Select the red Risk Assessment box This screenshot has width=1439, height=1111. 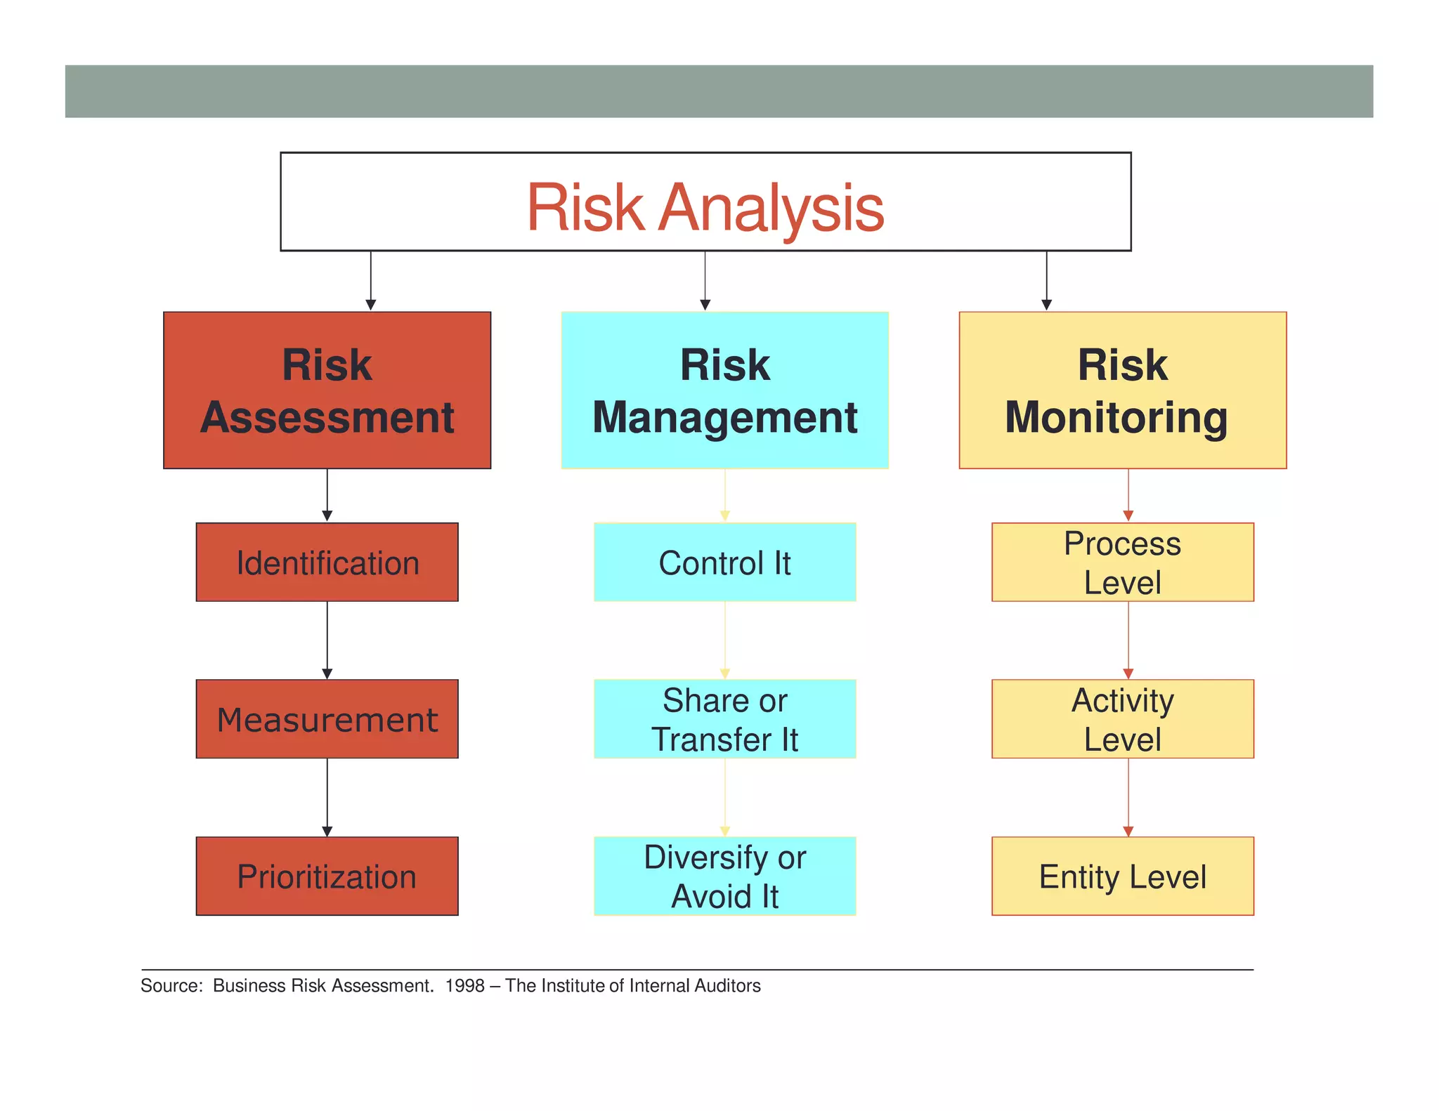(x=327, y=390)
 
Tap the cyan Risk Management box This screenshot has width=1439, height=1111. (x=724, y=390)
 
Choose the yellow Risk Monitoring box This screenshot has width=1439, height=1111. (x=1122, y=390)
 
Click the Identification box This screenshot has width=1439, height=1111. (x=327, y=563)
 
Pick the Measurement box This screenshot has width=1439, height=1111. (x=327, y=719)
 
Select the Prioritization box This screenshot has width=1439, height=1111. (x=327, y=876)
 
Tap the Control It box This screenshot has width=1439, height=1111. (x=724, y=563)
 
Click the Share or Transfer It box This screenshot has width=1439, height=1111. (x=724, y=719)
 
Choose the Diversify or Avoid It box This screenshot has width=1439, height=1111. (x=724, y=876)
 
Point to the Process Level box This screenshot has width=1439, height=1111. (x=1122, y=563)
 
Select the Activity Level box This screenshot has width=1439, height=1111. (x=1122, y=719)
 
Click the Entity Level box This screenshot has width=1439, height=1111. (x=1122, y=876)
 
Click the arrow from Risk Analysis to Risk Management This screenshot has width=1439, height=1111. (x=705, y=281)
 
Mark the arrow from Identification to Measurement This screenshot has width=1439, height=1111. (x=327, y=640)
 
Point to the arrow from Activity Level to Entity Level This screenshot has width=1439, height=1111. (x=1128, y=797)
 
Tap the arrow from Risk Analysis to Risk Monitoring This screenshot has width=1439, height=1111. (x=1046, y=281)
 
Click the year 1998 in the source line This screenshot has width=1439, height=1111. (x=464, y=986)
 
